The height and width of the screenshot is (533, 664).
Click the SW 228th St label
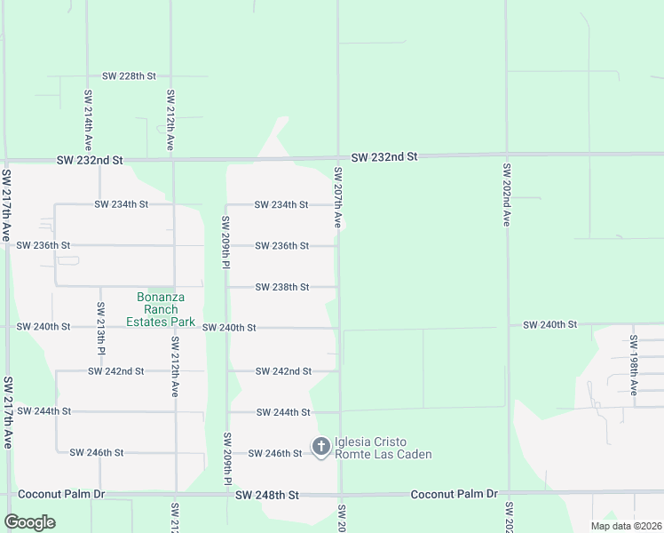[x=129, y=76]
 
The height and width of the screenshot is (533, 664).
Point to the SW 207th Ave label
[x=338, y=196]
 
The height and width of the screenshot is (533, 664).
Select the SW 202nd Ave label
[x=507, y=194]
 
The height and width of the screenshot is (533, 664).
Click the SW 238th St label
[x=282, y=287]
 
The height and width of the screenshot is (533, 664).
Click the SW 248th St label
[x=267, y=494]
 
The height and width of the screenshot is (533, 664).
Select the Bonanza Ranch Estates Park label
[x=160, y=309]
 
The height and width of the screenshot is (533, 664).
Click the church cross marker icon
[x=321, y=444]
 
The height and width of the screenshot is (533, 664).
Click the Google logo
[x=29, y=522]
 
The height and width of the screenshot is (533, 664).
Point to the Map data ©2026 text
[x=625, y=526]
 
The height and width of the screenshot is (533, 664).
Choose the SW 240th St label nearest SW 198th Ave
[x=549, y=325]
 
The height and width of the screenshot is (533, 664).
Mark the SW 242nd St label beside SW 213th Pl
[x=115, y=370]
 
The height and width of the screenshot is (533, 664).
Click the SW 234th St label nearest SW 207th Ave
[x=281, y=204]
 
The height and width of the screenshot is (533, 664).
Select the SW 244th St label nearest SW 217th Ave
[x=43, y=411]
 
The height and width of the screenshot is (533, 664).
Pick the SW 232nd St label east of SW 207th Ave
[x=383, y=157]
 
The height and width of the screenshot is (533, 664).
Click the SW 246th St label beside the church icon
[x=274, y=453]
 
